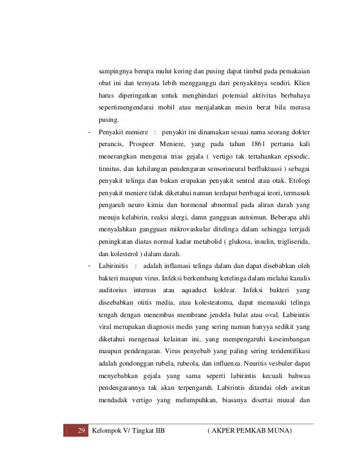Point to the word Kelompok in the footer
tap(110, 432)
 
